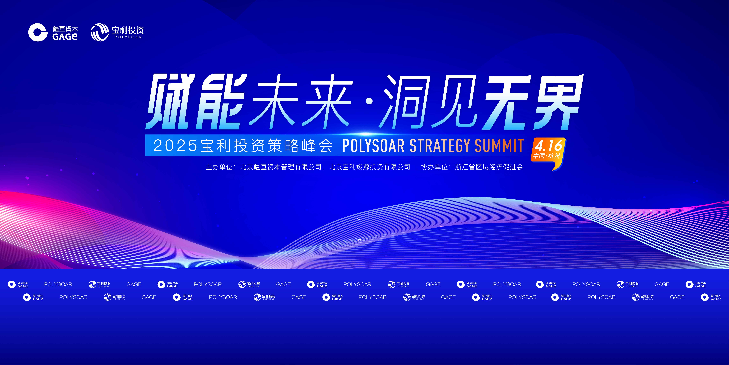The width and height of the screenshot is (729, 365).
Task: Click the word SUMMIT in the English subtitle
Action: [499, 146]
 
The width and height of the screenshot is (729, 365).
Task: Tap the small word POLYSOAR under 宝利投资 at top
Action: [128, 37]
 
